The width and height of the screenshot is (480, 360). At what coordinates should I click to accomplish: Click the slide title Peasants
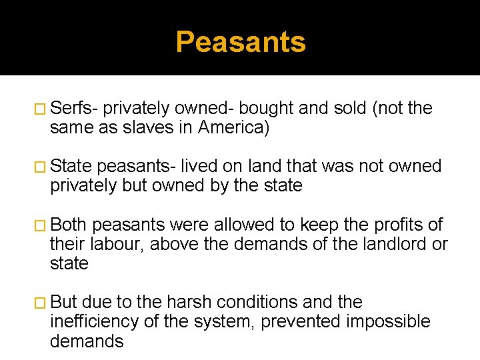coord(241,42)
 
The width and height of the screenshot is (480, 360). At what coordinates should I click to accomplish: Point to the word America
coord(233,127)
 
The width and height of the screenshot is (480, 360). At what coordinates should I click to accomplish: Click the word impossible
coord(389,322)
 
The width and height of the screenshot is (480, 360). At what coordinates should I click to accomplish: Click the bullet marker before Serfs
coord(41,109)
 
